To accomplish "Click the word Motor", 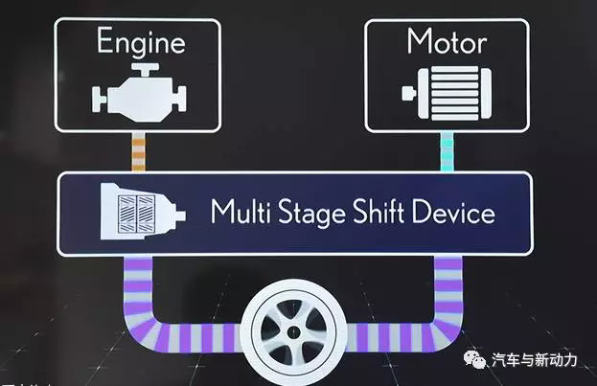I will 447,42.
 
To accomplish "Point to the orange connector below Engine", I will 138,152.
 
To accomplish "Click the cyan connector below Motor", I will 447,152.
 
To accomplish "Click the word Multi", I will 241,212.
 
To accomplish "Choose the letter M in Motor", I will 419,42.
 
